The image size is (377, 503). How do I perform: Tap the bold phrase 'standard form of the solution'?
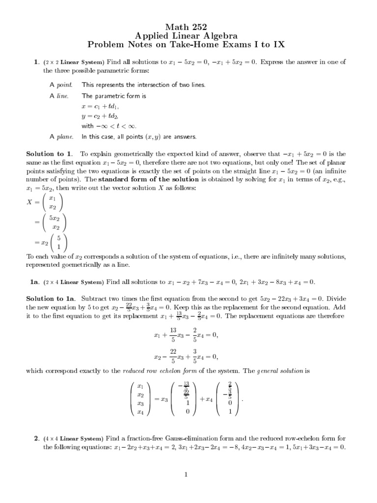pyautogui.click(x=143, y=179)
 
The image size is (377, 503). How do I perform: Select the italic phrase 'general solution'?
pyautogui.click(x=285, y=371)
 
